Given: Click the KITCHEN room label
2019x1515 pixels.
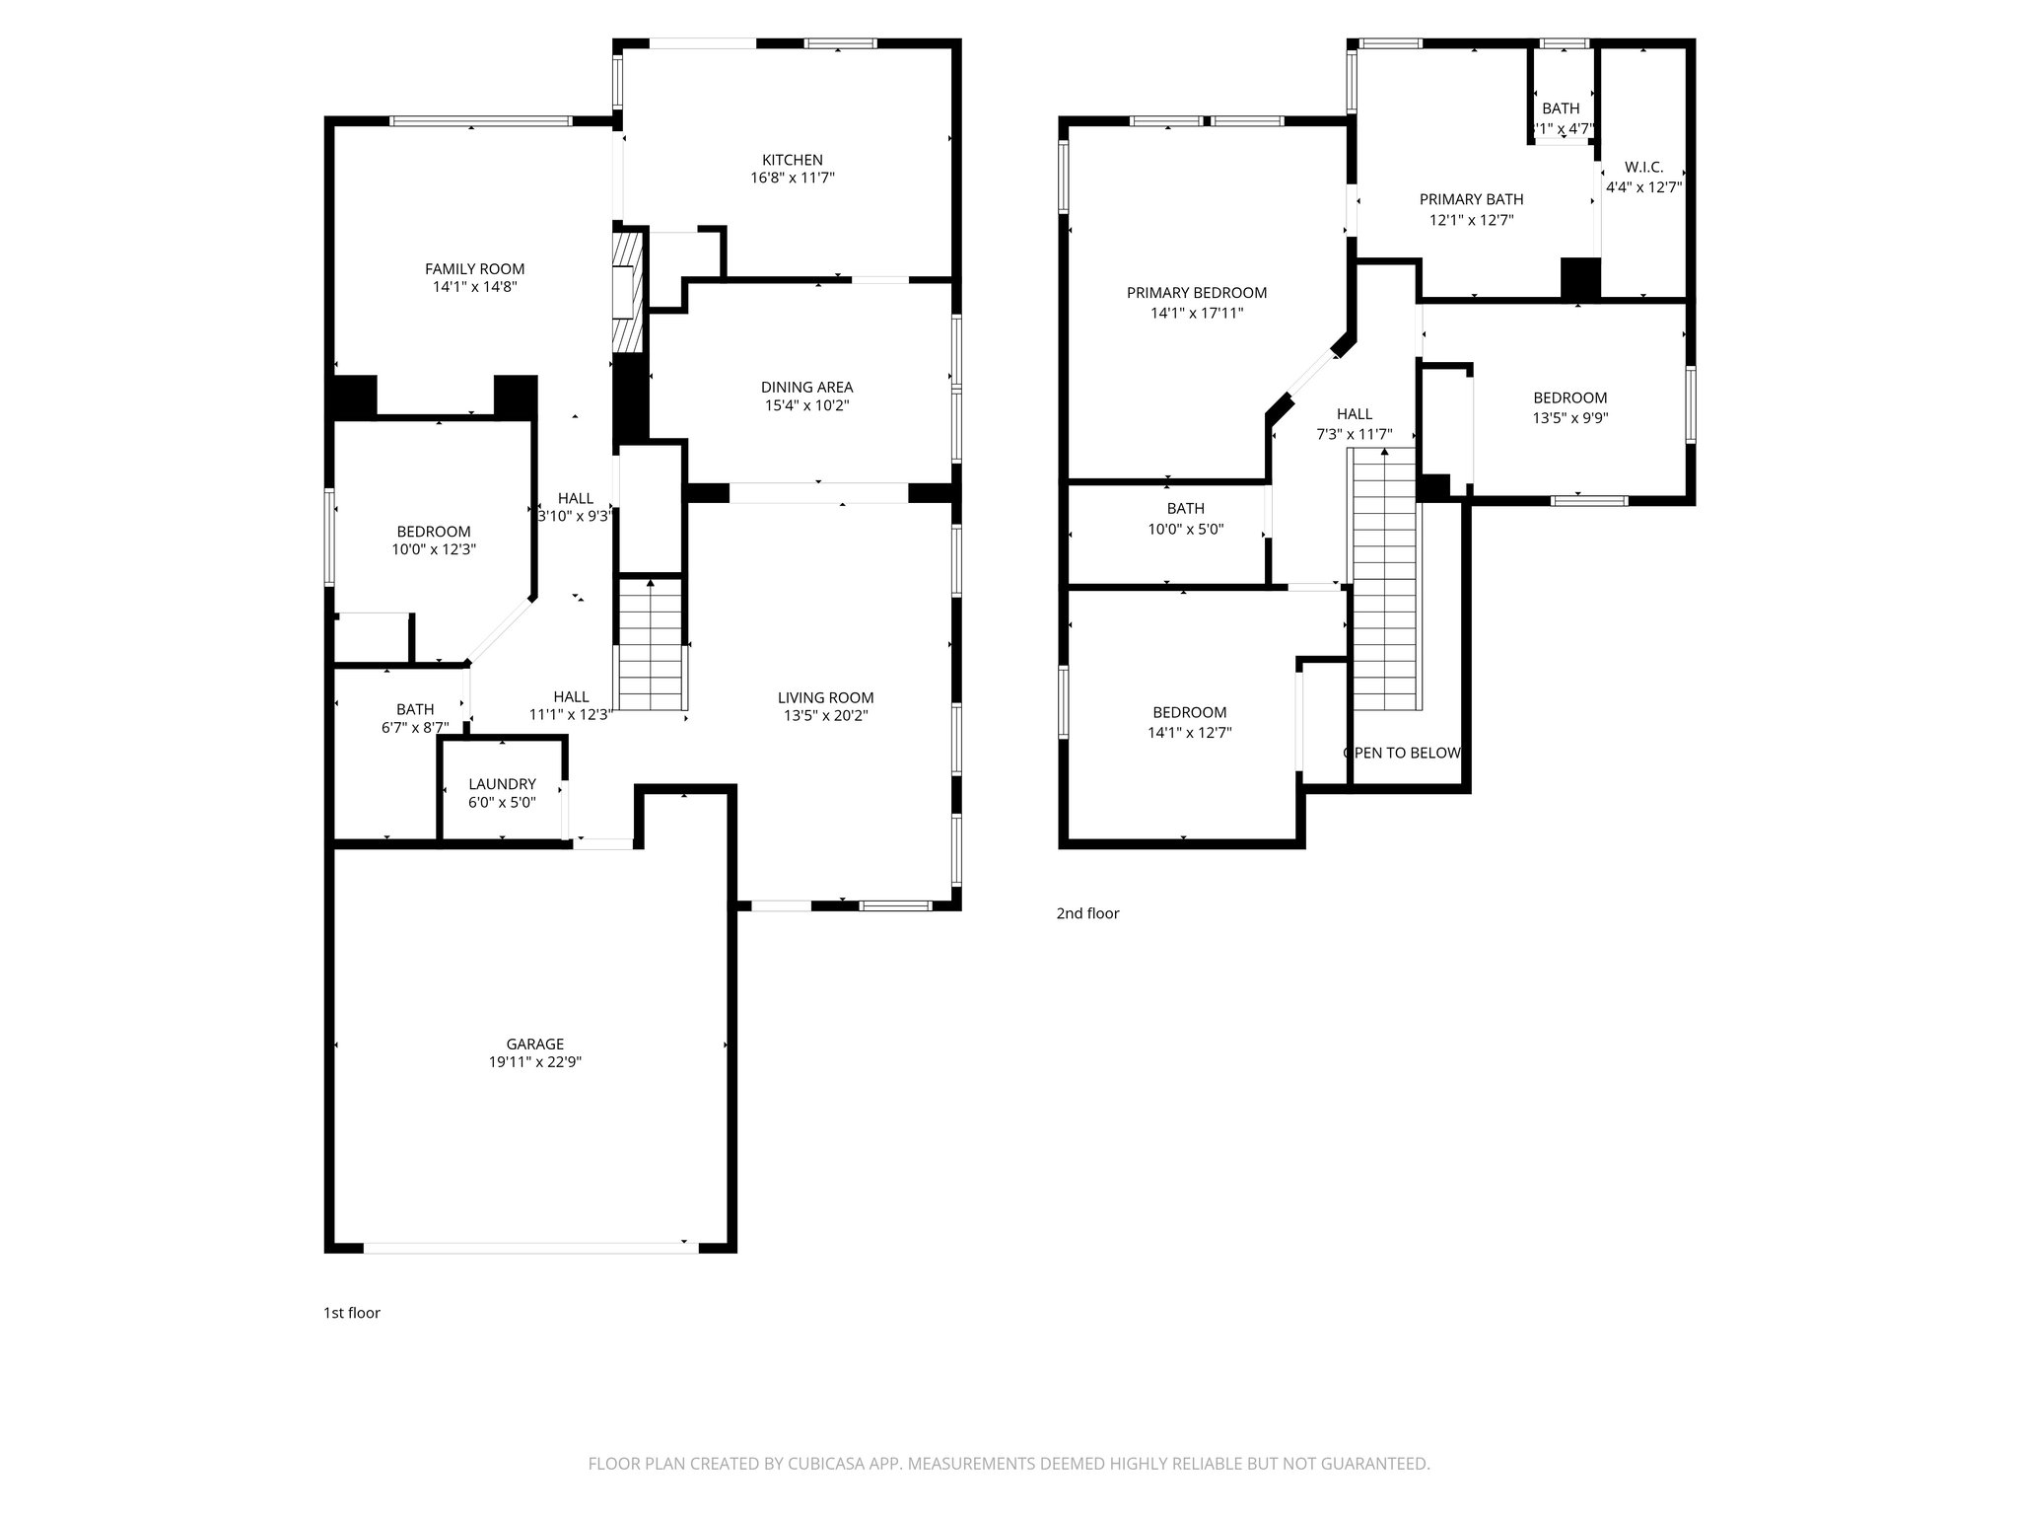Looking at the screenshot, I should point(792,160).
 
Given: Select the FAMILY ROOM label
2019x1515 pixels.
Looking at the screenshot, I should point(474,269).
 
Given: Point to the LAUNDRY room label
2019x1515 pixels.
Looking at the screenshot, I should point(502,784).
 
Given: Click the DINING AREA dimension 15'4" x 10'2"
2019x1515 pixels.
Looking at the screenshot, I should point(806,405).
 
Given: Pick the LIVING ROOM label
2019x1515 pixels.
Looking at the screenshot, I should point(825,698).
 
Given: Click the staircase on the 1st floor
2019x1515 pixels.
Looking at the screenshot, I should point(651,646).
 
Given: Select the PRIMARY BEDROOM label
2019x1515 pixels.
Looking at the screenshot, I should point(1197,293).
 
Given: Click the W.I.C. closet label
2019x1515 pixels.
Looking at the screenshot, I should point(1643,168).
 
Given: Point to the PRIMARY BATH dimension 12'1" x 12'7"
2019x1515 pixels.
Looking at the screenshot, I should point(1471,220).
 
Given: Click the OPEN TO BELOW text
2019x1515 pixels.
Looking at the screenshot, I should point(1402,754).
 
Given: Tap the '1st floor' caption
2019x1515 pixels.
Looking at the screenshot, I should point(352,1313).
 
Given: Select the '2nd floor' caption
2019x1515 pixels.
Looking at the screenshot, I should point(1087,913).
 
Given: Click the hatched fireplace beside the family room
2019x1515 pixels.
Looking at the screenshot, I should point(627,293).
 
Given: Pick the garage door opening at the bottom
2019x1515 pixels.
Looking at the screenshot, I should point(531,1248).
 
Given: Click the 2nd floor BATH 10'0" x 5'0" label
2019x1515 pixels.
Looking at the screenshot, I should point(1185,509).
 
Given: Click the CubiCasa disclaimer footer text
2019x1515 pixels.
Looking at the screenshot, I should point(1009,1464).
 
